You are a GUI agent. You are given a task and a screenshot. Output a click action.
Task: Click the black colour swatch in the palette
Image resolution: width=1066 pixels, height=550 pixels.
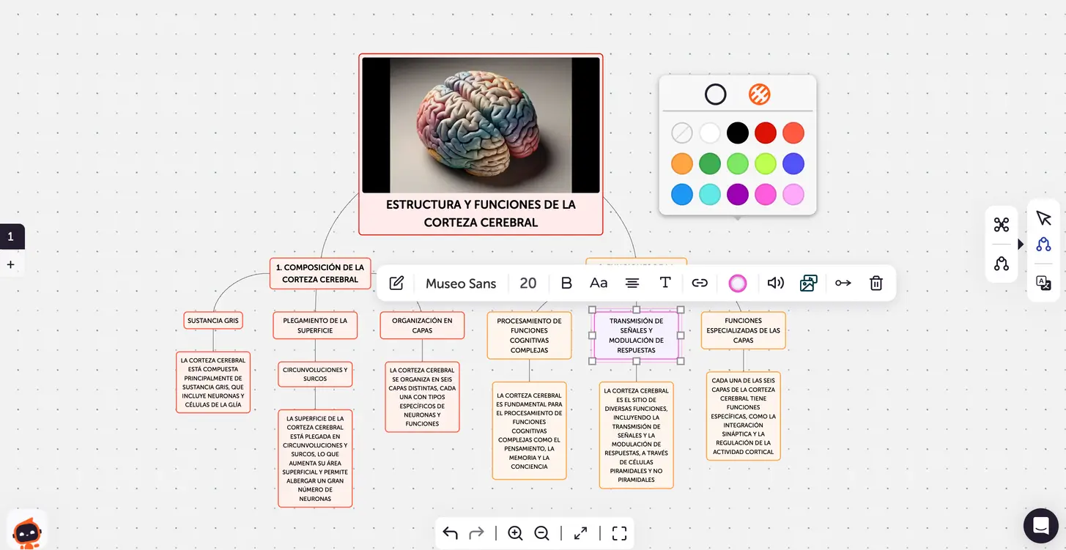tap(738, 133)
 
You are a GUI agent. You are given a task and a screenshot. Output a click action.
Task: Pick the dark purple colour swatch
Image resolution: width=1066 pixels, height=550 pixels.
tap(738, 194)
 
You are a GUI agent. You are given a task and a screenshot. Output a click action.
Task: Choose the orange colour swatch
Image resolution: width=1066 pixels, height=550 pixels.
tap(682, 163)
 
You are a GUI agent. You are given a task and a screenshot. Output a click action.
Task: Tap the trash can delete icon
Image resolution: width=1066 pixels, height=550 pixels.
tap(876, 283)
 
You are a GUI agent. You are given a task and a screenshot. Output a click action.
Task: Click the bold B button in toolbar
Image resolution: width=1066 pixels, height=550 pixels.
tap(566, 283)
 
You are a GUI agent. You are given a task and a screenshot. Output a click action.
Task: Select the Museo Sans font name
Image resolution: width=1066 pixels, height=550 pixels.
tap(461, 283)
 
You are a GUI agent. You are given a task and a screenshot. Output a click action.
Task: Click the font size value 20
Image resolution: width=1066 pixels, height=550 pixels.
tap(528, 283)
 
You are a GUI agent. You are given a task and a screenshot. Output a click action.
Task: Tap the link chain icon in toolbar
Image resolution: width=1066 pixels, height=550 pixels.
tap(700, 283)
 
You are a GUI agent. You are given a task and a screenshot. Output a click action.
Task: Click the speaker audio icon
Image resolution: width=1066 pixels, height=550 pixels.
tap(776, 283)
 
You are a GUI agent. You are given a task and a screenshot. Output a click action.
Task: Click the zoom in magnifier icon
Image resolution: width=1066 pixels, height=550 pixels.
tap(515, 533)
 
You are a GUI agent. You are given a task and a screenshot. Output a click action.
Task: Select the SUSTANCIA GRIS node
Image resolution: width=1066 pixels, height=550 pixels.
tap(213, 321)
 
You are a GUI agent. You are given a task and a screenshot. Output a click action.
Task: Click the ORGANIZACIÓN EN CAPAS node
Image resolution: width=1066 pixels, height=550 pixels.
tap(422, 325)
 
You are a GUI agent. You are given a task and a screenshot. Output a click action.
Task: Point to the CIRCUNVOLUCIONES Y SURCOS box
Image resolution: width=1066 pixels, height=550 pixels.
tap(315, 374)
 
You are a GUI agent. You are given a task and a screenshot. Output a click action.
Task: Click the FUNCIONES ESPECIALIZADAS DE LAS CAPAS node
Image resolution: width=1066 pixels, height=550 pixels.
tap(743, 330)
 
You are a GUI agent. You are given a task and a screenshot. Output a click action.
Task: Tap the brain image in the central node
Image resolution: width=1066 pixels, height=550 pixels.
tap(481, 125)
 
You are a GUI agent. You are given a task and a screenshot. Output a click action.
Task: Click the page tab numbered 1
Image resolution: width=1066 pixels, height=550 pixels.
tap(11, 237)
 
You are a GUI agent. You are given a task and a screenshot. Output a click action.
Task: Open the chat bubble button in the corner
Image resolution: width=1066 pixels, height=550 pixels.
tap(1040, 525)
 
